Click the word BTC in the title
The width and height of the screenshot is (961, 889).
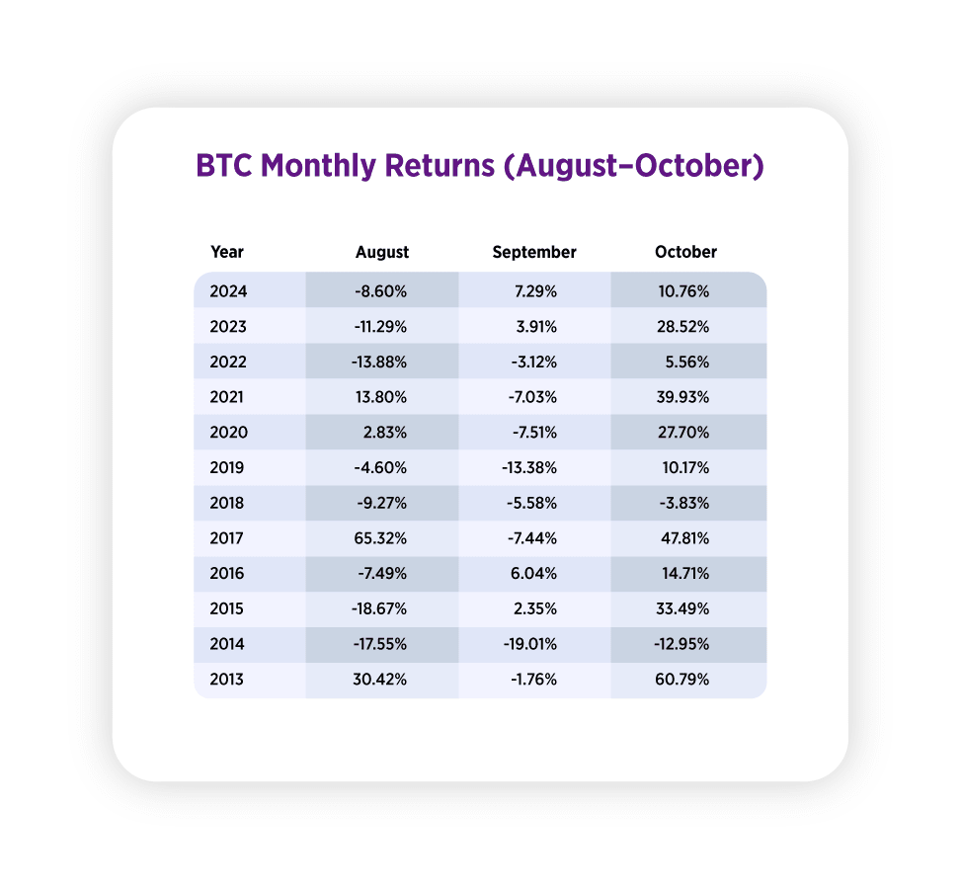click(x=223, y=166)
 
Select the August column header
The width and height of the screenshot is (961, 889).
click(x=382, y=253)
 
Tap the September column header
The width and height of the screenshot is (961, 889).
click(x=534, y=252)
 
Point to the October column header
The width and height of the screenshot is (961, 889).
click(x=685, y=252)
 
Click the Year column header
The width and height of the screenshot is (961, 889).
click(x=227, y=252)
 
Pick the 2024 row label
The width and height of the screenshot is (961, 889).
click(x=228, y=291)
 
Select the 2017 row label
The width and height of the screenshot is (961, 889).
click(x=227, y=538)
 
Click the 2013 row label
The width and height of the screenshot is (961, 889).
click(x=227, y=680)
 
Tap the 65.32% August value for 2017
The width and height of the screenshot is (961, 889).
click(x=380, y=538)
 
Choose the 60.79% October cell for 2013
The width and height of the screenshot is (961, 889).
click(x=682, y=680)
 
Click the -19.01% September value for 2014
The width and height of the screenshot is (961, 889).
click(x=530, y=644)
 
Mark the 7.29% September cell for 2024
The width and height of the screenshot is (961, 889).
click(x=535, y=291)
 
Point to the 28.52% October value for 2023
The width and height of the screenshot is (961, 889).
click(x=682, y=327)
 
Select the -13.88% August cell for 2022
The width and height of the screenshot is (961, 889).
click(x=378, y=363)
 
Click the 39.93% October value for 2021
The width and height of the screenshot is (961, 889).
click(x=682, y=397)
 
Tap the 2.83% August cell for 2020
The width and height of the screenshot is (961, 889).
click(x=385, y=433)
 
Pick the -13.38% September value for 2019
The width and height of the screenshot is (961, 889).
click(x=529, y=468)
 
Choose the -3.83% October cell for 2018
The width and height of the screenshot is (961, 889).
click(x=684, y=504)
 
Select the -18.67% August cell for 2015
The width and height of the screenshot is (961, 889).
click(x=378, y=608)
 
